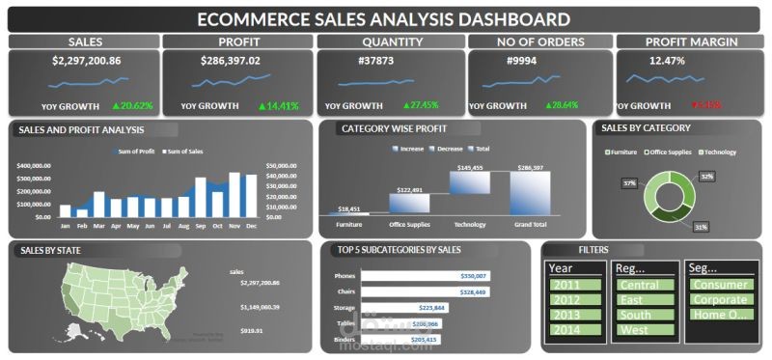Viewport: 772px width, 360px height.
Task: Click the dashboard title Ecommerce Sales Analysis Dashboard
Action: click(383, 18)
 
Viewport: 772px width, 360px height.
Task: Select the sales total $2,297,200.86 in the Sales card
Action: click(86, 61)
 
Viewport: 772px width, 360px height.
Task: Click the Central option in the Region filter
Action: click(644, 285)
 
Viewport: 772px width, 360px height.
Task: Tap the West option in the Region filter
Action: click(644, 330)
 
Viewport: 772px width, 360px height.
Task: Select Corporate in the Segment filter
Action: click(720, 300)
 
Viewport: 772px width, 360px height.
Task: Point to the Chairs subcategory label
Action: click(344, 291)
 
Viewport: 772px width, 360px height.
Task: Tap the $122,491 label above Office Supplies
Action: click(410, 190)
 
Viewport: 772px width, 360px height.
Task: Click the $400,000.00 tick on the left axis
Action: click(35, 165)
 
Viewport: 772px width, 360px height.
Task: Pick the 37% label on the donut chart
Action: click(629, 182)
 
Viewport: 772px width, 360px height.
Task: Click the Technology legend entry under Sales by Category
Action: click(716, 152)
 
